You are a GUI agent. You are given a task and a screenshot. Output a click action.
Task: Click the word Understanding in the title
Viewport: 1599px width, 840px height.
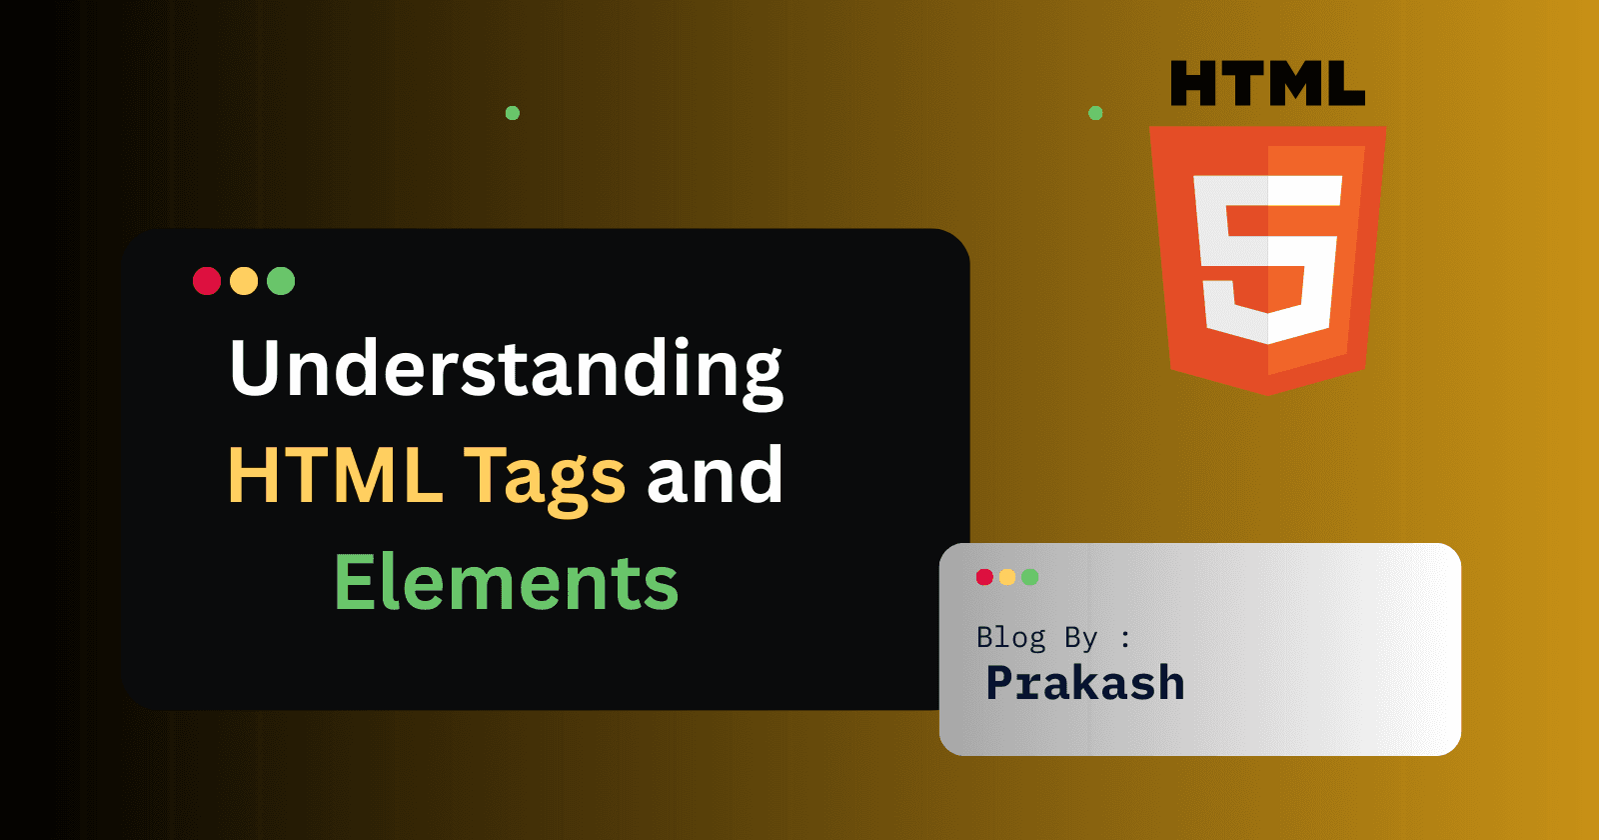[x=506, y=370]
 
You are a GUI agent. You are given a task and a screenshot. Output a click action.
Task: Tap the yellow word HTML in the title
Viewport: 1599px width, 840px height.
[x=335, y=475]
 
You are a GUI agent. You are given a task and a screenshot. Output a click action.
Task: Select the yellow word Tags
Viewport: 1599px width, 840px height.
[x=545, y=478]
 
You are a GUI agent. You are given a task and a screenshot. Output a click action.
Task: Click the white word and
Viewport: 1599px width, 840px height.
[x=715, y=475]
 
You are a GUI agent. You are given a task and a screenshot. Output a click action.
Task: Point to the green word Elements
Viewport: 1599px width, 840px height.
[x=506, y=583]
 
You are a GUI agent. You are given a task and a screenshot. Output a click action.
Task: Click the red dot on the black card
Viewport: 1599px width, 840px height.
[x=207, y=281]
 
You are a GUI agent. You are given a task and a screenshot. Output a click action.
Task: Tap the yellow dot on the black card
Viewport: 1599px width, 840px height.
[x=244, y=281]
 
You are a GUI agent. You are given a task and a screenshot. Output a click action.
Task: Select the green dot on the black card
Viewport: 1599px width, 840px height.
[x=281, y=281]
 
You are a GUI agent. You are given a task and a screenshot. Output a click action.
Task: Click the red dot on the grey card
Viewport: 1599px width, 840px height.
[x=984, y=577]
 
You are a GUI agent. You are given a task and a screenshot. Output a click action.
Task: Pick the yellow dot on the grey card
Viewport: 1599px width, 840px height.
[x=1007, y=577]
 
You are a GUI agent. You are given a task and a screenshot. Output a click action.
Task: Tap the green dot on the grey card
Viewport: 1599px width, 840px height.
[x=1030, y=577]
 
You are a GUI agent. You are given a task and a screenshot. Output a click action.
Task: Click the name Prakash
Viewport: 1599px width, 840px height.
[x=1085, y=683]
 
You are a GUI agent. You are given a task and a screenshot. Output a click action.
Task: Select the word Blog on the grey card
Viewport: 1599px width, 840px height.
[x=1010, y=637]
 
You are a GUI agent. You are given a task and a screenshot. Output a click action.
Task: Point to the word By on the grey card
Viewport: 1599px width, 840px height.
[x=1080, y=638]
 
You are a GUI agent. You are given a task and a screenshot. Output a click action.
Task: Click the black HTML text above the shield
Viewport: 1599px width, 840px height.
[x=1267, y=84]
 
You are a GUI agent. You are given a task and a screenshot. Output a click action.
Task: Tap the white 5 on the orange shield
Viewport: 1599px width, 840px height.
[x=1267, y=258]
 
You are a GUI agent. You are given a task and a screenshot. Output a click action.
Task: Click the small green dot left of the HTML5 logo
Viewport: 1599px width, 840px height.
[x=1095, y=113]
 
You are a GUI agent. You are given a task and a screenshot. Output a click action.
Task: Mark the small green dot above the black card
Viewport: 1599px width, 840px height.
[x=513, y=113]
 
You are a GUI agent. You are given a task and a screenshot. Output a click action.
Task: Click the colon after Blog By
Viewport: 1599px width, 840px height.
[x=1126, y=638]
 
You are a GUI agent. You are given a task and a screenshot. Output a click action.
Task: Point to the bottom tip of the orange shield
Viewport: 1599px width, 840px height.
[x=1268, y=393]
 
